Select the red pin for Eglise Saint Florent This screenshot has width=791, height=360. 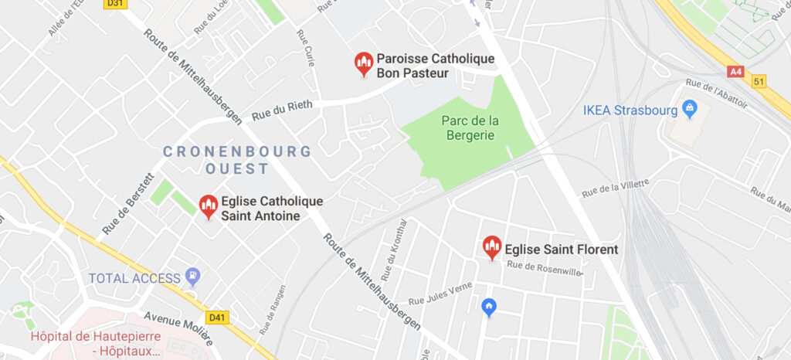pos(492,247)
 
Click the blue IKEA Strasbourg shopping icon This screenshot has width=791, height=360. pos(691,109)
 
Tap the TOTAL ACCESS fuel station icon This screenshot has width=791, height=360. pos(192,276)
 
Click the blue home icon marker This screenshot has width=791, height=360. pos(488,307)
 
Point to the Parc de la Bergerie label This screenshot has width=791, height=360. pos(470,128)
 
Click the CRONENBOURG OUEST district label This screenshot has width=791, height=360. pos(237,159)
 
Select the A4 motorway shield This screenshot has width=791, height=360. pos(736,72)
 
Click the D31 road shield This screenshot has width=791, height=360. pos(114,4)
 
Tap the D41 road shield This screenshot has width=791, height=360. pos(217,317)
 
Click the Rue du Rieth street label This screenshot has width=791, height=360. pos(282,112)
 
